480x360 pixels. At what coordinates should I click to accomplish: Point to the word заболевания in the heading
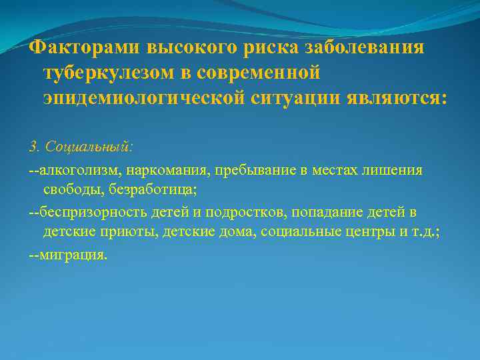click(x=365, y=48)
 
